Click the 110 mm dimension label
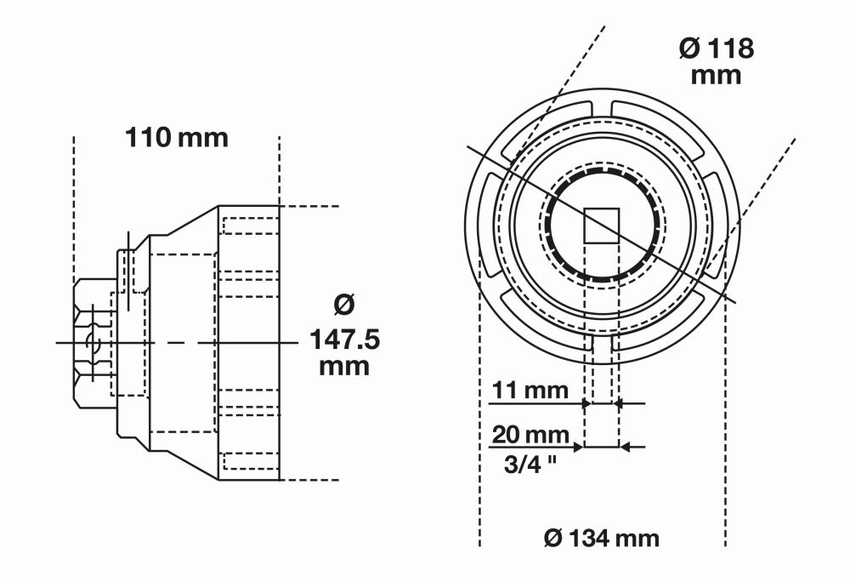[x=177, y=137]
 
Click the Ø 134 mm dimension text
[x=602, y=538]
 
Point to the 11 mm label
[x=533, y=391]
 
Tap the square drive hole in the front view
[x=602, y=225]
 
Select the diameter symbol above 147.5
[x=343, y=303]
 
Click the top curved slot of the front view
[x=602, y=107]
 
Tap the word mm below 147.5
[x=343, y=368]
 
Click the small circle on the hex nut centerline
[x=93, y=343]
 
